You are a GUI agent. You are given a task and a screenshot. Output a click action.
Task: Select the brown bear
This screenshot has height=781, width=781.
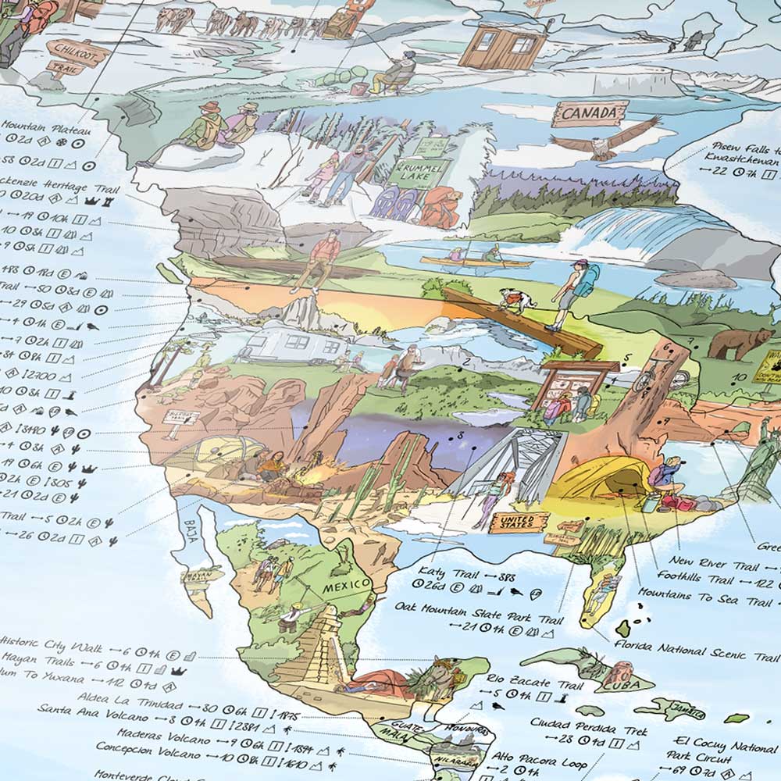730,341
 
